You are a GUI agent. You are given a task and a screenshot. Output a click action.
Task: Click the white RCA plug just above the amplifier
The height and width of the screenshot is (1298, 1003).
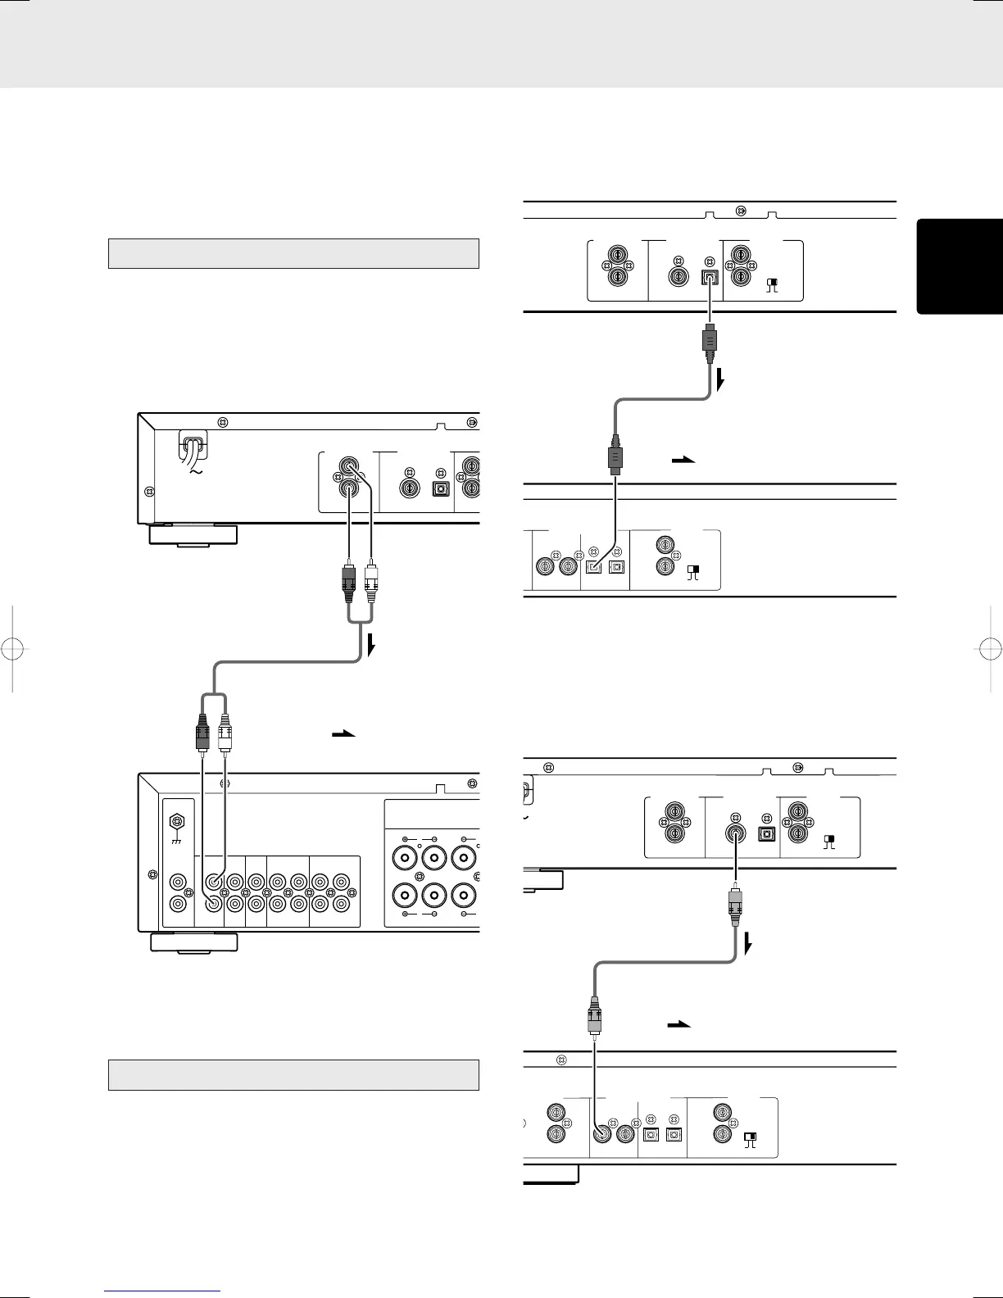226,732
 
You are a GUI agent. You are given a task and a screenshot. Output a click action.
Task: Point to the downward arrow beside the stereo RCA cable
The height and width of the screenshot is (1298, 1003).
372,647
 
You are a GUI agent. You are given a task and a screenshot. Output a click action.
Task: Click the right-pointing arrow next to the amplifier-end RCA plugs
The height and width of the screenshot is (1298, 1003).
343,734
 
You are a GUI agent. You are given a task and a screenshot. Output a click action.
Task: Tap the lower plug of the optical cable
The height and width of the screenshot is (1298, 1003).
615,456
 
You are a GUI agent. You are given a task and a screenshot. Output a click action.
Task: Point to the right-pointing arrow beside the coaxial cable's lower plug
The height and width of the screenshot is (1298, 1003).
680,1024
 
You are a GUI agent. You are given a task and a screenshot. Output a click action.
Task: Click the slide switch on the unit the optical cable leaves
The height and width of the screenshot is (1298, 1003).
771,284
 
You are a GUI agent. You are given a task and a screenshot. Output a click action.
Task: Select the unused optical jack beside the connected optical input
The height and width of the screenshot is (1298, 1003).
617,567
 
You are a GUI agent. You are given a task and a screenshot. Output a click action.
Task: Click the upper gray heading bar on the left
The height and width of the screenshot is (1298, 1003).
293,253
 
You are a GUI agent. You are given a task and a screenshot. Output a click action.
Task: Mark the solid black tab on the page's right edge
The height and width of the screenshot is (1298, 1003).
960,266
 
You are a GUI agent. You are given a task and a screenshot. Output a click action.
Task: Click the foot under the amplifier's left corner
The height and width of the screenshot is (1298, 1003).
193,942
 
